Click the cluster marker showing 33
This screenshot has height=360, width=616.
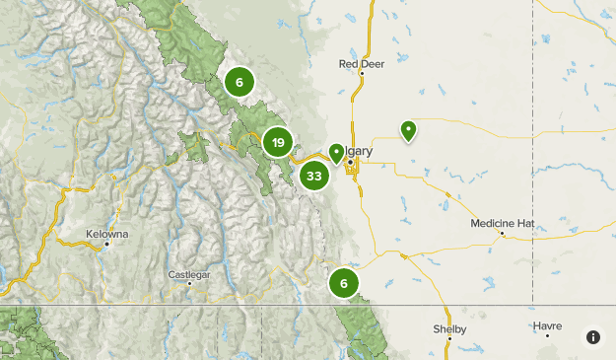click(314, 177)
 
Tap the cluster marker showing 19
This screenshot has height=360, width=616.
click(279, 144)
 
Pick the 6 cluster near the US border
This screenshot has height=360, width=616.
click(344, 283)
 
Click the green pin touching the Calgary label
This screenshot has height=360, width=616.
click(336, 153)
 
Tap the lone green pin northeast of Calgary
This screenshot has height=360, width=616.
click(408, 130)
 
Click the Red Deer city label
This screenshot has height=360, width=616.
click(361, 64)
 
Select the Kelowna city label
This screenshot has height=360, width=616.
click(106, 234)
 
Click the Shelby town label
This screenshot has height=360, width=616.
click(448, 328)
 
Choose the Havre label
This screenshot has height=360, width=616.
click(547, 324)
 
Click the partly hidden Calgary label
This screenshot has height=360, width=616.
click(359, 151)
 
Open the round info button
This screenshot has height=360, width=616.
click(593, 337)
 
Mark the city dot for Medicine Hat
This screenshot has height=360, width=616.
click(502, 233)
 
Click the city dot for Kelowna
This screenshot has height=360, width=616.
click(106, 244)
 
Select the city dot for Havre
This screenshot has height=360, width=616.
click(547, 335)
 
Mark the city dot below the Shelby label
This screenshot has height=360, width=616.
click(448, 339)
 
